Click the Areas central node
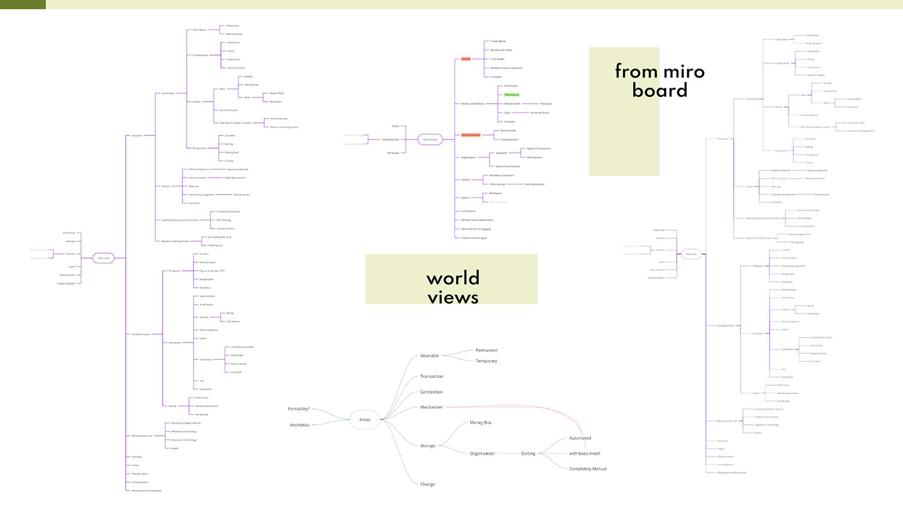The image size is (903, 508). click(365, 420)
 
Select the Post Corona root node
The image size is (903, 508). click(430, 140)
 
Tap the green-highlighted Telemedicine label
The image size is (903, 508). click(512, 95)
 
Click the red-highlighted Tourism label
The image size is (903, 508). click(466, 59)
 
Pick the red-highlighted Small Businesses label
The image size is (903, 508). click(471, 135)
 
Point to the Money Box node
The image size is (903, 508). click(480, 423)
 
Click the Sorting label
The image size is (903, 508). click(528, 453)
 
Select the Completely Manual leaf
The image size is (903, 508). click(588, 469)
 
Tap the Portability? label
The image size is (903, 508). click(299, 409)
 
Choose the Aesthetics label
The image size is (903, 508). click(299, 425)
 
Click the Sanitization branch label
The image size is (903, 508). click(431, 392)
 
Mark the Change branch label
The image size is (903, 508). click(427, 484)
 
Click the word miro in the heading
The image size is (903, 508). click(683, 72)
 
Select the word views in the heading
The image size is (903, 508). click(453, 297)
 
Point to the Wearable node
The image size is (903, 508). click(429, 356)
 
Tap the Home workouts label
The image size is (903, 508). click(539, 113)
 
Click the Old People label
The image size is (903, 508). click(393, 153)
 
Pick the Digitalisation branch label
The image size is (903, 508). click(468, 158)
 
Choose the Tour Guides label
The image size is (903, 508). click(497, 59)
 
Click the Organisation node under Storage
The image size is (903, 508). click(482, 453)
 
